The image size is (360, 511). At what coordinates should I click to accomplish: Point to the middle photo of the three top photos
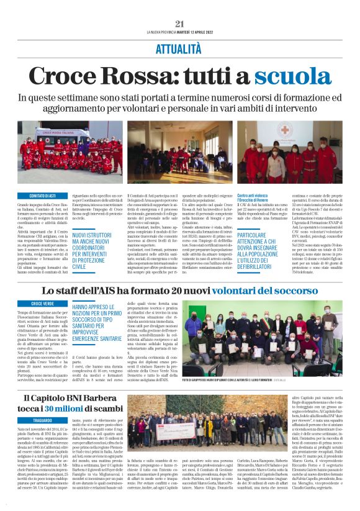click(180, 151)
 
